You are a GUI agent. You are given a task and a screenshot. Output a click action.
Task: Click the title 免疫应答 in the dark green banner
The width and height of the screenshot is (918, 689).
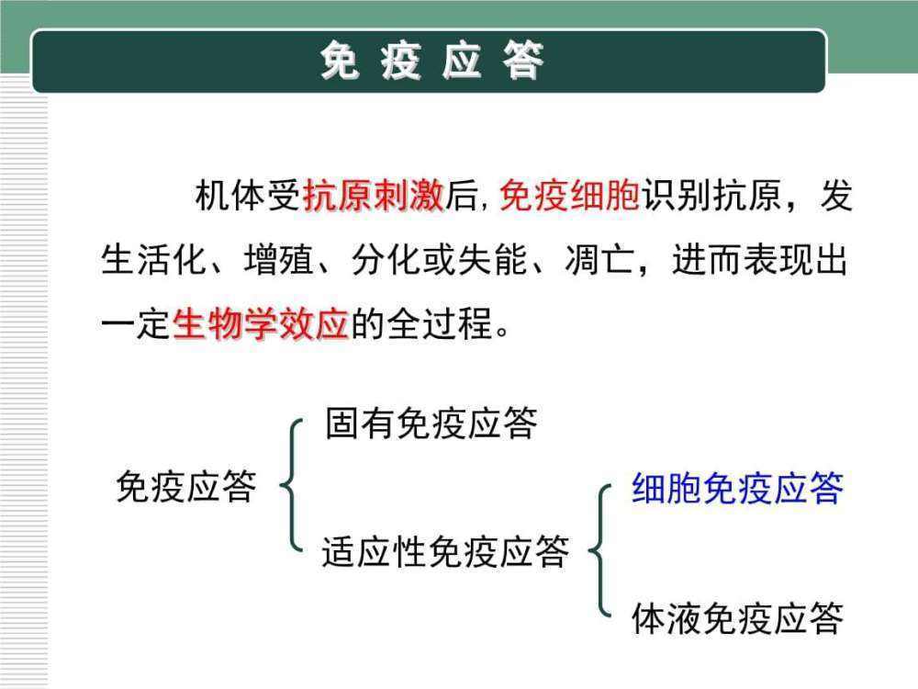click(x=432, y=62)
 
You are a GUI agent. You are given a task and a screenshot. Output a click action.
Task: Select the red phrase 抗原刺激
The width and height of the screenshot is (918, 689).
click(x=374, y=198)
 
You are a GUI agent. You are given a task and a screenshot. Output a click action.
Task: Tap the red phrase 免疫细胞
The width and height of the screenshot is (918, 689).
click(x=569, y=198)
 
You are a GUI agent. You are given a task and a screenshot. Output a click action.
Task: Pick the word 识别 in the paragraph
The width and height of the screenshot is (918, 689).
click(x=677, y=198)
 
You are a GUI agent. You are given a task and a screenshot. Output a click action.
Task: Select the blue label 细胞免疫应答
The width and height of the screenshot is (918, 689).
click(x=737, y=488)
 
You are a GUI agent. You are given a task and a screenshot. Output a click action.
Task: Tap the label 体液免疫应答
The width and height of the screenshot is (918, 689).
click(x=737, y=619)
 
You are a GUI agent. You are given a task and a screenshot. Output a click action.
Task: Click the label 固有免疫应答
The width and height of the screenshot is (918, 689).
click(x=431, y=424)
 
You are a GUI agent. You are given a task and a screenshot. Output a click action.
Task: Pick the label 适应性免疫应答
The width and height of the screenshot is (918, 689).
click(x=446, y=551)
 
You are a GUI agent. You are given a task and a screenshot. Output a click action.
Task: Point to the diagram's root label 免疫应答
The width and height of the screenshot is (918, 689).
click(x=185, y=486)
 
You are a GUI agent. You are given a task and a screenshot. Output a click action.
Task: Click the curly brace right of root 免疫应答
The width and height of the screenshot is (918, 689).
click(x=291, y=486)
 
